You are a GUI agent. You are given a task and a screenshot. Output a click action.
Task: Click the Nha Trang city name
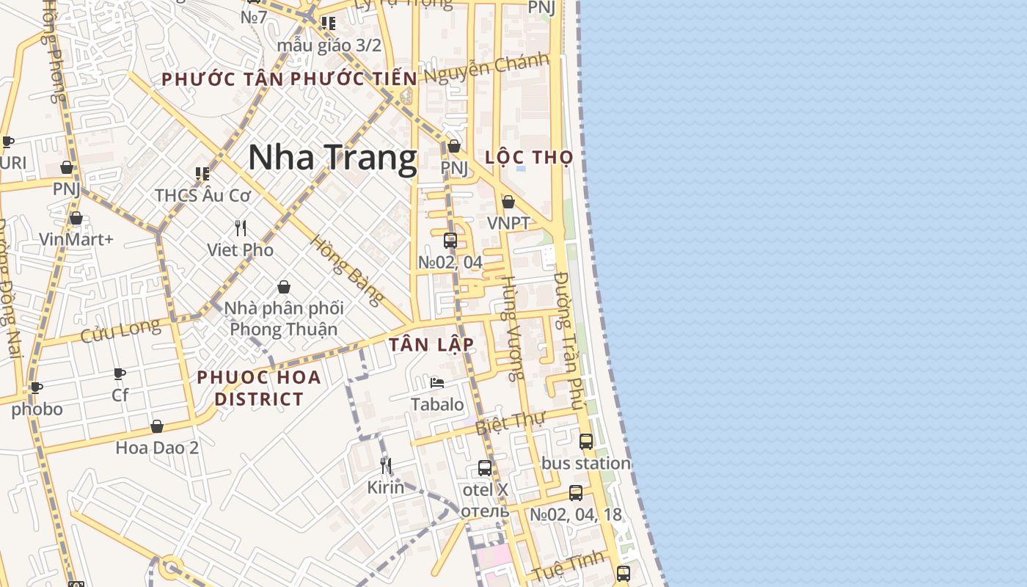[332, 158]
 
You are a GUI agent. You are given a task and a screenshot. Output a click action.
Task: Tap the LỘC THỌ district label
[529, 158]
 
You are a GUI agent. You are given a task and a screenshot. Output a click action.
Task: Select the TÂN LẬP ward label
[431, 345]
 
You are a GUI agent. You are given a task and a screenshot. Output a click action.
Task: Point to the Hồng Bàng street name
[347, 269]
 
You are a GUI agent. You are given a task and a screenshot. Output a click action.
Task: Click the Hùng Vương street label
[512, 328]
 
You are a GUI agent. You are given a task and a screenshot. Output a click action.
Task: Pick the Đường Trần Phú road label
[569, 340]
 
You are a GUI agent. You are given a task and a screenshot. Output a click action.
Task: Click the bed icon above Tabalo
[437, 383]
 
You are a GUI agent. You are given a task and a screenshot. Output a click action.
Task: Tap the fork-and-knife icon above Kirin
[386, 466]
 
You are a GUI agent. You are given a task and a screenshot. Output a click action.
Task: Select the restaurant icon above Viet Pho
[241, 227]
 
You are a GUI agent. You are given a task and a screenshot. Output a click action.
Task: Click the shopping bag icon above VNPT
[508, 202]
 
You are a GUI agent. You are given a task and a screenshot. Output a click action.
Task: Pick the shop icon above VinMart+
[76, 219]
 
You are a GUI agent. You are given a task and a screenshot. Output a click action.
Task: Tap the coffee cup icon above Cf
[120, 373]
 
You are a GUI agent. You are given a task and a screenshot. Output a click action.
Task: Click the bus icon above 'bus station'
[585, 442]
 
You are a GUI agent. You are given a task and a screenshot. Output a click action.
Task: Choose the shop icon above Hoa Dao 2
[157, 426]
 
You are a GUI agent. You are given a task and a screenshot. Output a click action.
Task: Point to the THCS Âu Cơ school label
[202, 195]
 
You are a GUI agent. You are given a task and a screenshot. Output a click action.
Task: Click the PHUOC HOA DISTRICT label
[259, 388]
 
